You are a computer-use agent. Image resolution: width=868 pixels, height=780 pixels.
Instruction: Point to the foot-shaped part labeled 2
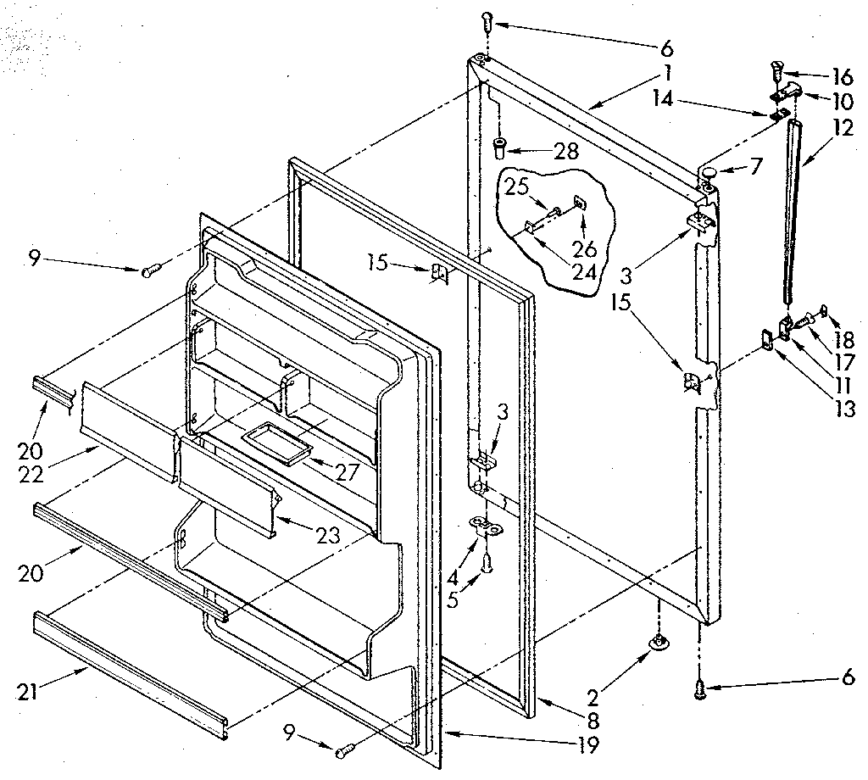point(656,645)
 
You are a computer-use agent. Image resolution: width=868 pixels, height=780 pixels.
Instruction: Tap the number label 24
point(585,272)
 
